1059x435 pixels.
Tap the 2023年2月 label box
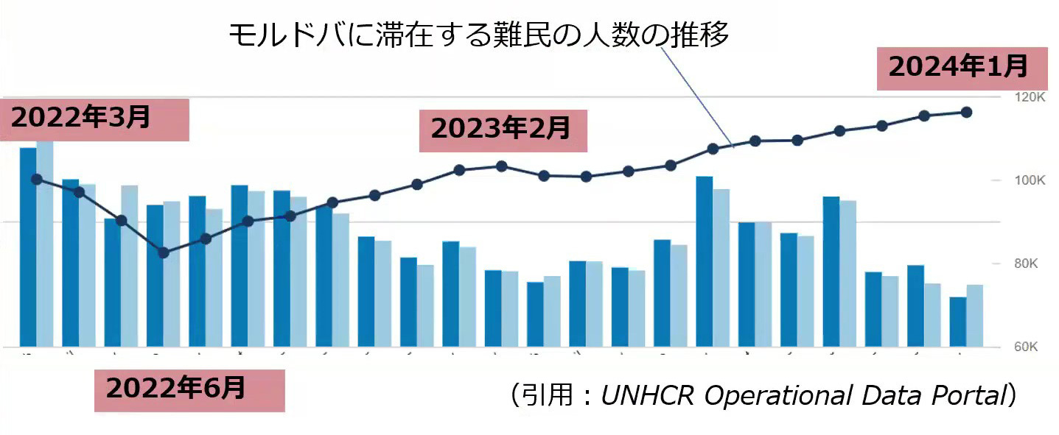coord(503,130)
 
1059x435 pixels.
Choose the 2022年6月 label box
coord(189,389)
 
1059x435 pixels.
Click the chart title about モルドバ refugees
coord(478,35)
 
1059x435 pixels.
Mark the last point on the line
coord(967,112)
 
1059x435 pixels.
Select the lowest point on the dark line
coord(164,253)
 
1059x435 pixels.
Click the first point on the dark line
coord(37,179)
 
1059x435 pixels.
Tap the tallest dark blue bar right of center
coord(705,261)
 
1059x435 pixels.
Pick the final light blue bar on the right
coord(974,316)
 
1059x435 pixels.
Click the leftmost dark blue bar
coord(28,247)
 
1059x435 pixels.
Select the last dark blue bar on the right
coord(958,322)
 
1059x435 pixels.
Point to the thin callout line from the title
coord(700,96)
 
